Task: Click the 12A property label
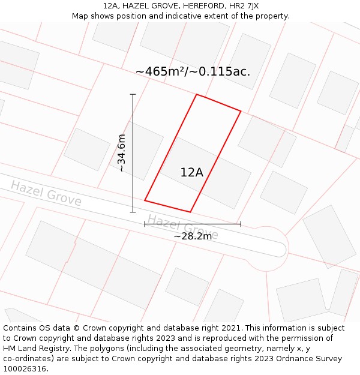(192, 173)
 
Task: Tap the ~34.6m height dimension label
(122, 153)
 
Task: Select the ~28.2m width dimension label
(193, 236)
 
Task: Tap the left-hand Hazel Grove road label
(46, 193)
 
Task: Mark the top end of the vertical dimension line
(133, 94)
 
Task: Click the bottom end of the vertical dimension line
(133, 212)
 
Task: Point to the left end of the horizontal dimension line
(145, 224)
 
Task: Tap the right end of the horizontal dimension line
(241, 224)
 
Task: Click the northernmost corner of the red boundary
(196, 94)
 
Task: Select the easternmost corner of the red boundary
(241, 111)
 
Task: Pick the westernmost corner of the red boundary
(145, 200)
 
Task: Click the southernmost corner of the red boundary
(190, 212)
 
